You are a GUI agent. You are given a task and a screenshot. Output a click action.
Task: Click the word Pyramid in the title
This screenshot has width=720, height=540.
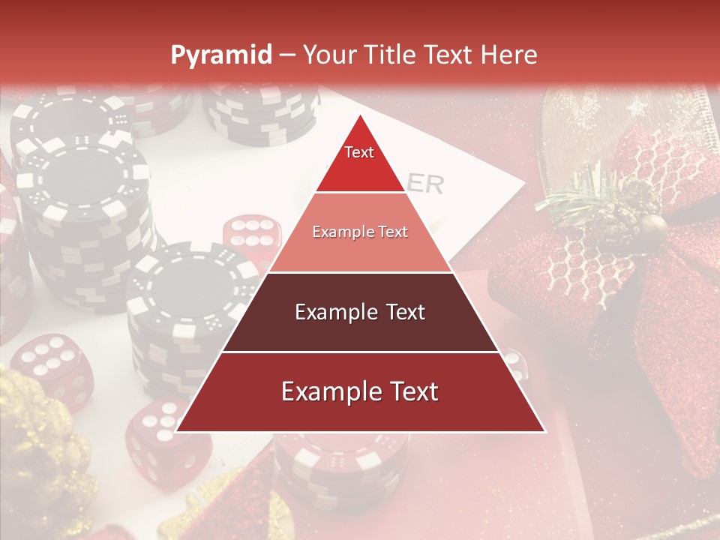[220, 55]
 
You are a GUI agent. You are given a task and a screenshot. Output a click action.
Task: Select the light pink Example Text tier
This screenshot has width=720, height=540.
[360, 232]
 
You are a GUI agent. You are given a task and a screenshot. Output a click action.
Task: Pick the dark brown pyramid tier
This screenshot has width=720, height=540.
[360, 312]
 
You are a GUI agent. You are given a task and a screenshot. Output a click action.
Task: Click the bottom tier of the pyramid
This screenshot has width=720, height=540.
[360, 392]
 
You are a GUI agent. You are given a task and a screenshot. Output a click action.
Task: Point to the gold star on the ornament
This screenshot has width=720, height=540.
[638, 107]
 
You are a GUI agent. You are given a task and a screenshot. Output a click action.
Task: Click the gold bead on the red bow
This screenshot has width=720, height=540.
[654, 224]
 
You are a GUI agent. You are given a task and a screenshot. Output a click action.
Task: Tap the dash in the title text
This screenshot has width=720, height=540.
[287, 55]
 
